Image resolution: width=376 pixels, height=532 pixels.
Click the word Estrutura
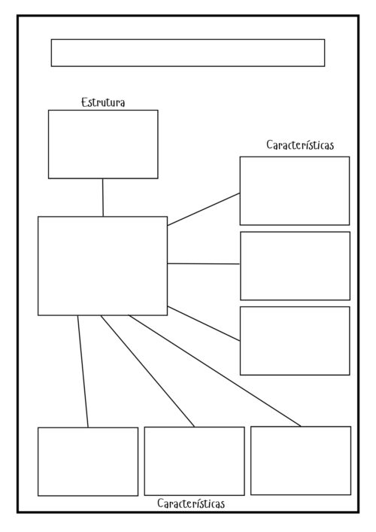103,102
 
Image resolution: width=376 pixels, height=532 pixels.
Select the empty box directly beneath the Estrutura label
103,144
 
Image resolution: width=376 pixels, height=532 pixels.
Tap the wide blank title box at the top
188,53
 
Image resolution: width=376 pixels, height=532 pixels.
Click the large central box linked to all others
103,266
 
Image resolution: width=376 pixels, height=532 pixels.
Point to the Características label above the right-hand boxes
300,145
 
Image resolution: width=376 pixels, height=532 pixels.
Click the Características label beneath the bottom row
191,503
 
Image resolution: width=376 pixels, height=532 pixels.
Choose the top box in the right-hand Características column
295,190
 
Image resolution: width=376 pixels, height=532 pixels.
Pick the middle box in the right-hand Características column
295,266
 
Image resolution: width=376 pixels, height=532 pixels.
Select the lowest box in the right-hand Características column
295,341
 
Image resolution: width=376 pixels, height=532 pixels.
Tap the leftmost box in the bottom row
88,461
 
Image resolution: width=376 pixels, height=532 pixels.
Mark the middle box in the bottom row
194,461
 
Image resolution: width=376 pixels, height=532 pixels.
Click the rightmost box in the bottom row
301,461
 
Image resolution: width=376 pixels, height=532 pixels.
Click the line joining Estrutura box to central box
103,197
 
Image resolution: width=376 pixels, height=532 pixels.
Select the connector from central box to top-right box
204,209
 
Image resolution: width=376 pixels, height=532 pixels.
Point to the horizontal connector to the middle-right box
204,263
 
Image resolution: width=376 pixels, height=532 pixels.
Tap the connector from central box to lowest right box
204,324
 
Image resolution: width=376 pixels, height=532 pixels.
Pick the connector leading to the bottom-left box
83,372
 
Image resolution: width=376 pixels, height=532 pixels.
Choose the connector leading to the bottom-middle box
147,371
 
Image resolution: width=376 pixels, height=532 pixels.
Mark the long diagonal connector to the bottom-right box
214,371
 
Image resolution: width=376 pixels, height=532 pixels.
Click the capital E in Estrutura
85,102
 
